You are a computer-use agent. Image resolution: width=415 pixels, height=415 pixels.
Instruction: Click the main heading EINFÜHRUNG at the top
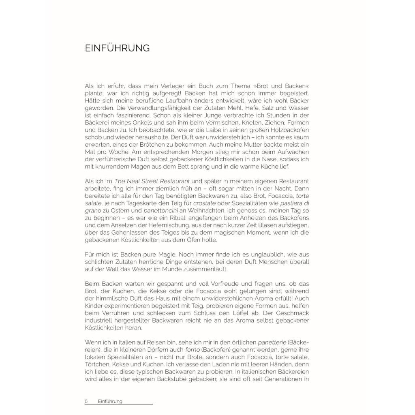click(117, 48)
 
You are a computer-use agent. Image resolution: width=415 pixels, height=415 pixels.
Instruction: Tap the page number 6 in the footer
click(86, 401)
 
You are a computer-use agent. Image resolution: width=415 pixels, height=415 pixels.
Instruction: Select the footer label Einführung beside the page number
click(110, 401)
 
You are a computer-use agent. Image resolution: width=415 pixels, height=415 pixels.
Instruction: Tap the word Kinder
click(95, 306)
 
